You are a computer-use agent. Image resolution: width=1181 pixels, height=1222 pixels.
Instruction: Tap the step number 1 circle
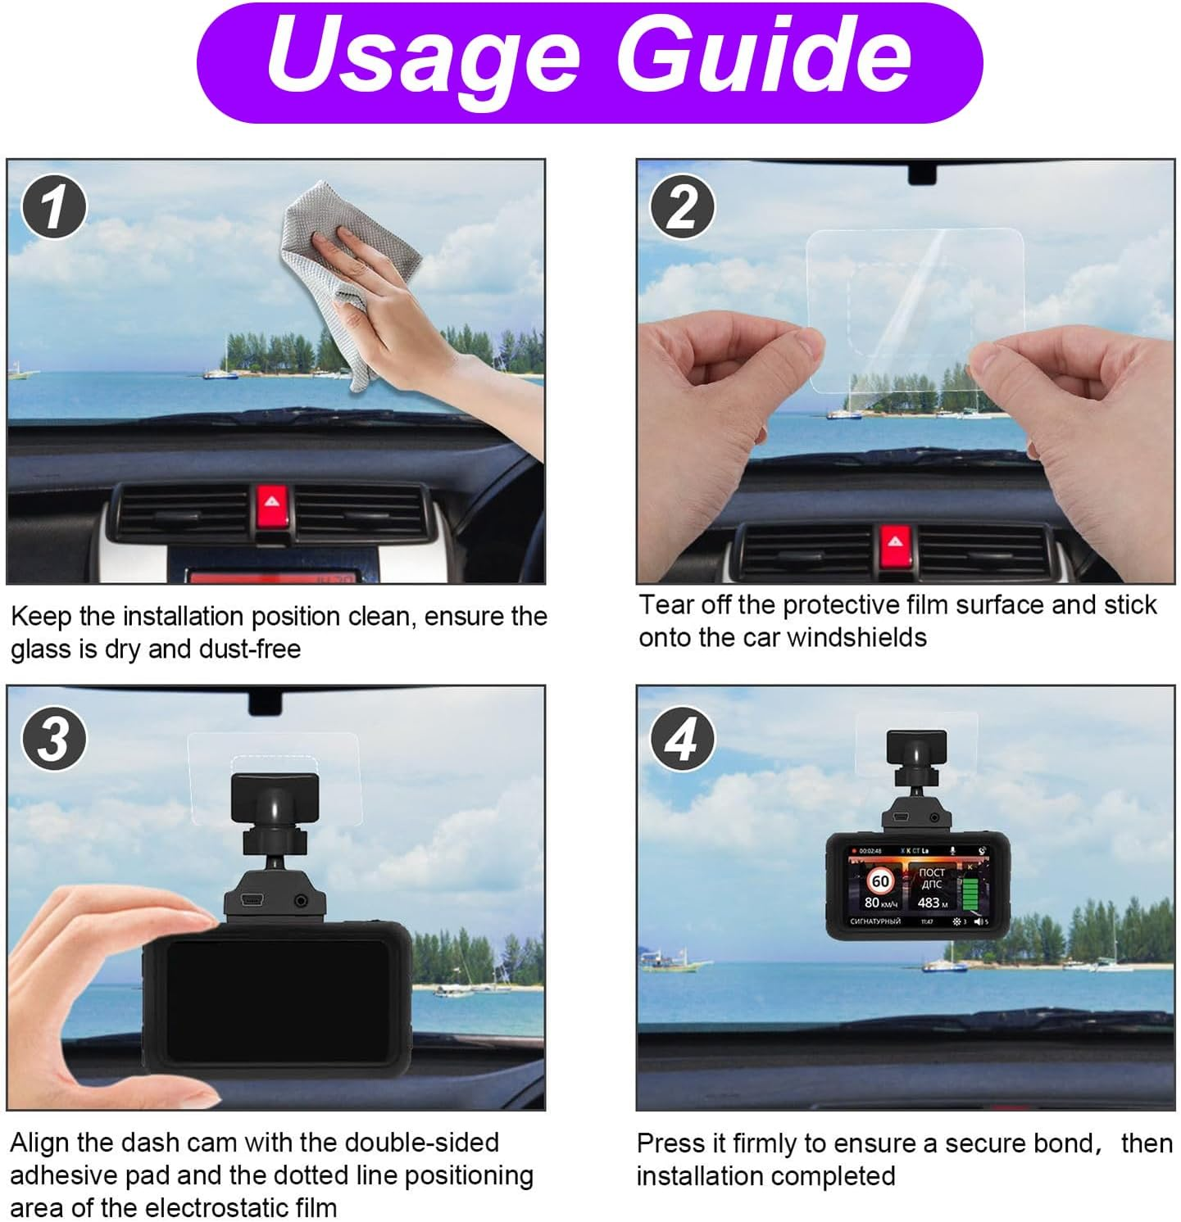[53, 206]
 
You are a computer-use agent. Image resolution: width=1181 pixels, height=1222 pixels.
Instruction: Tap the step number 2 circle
[682, 206]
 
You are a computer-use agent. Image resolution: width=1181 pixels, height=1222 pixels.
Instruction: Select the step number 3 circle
[53, 738]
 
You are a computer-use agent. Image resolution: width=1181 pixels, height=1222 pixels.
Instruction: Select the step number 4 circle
[682, 739]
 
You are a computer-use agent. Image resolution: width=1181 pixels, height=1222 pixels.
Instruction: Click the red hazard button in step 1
[270, 501]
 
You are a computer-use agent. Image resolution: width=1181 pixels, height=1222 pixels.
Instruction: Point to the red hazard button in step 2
[895, 542]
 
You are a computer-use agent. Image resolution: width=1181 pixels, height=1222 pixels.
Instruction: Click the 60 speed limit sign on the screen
[879, 881]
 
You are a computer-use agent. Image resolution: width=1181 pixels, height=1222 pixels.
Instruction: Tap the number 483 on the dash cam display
[929, 903]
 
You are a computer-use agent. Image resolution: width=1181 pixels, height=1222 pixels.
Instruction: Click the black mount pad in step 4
[916, 746]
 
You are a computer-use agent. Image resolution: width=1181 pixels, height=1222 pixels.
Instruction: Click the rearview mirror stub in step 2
[922, 174]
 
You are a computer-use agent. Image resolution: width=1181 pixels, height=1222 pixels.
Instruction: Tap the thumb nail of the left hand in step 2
[807, 342]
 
